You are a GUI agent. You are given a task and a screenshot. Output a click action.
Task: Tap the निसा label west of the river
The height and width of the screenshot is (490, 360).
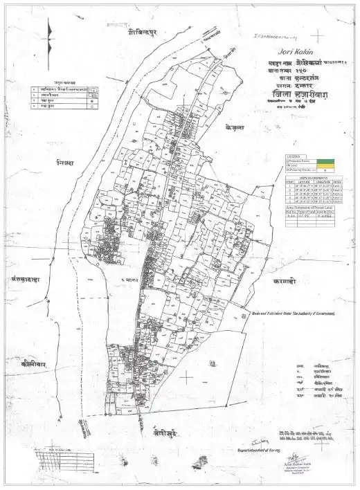click(66, 163)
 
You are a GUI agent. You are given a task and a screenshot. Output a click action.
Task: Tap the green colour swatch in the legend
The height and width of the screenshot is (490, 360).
click(325, 160)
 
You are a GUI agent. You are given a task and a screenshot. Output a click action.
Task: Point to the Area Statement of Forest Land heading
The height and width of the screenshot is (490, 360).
click(309, 207)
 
